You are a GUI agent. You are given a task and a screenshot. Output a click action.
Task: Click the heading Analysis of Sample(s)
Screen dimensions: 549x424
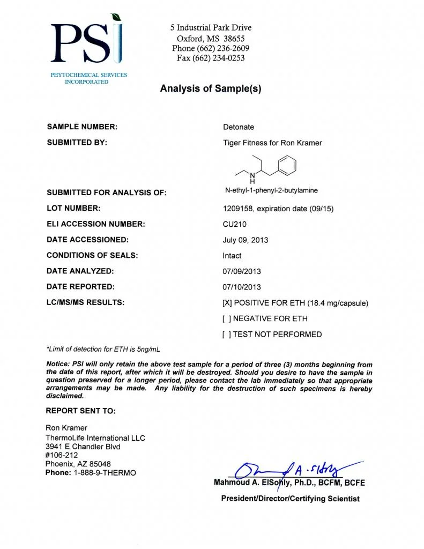click(211, 89)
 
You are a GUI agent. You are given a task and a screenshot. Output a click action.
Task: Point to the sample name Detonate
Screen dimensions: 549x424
click(239, 127)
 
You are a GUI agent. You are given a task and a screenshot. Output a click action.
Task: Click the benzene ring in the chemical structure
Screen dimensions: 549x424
click(288, 165)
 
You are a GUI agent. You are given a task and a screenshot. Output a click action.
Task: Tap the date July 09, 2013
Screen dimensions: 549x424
click(246, 240)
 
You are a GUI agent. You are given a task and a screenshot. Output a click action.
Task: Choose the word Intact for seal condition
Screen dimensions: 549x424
click(232, 256)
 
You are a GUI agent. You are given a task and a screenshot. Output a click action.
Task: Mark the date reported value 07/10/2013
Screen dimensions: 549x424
click(242, 287)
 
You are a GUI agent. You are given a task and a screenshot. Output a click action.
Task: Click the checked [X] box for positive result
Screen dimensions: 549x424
click(227, 303)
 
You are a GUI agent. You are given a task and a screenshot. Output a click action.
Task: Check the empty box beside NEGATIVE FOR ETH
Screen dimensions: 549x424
click(227, 318)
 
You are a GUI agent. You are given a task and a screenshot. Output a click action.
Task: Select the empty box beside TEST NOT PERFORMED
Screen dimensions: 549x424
click(227, 335)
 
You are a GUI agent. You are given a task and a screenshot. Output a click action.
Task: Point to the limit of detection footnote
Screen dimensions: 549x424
click(103, 349)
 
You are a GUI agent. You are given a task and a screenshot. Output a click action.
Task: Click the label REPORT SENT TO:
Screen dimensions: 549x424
click(80, 411)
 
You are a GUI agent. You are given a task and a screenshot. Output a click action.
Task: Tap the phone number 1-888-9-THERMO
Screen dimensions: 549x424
click(105, 472)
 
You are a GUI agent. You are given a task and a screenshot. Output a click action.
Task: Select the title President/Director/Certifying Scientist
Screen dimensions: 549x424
click(290, 499)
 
